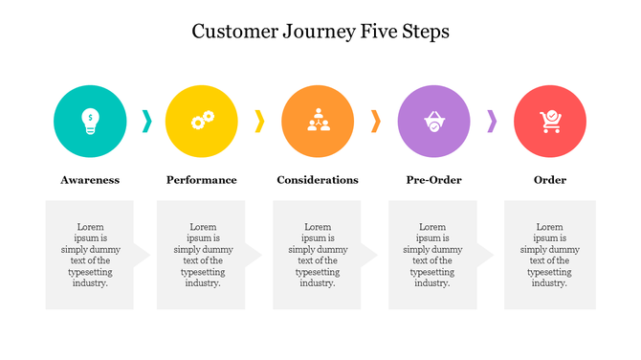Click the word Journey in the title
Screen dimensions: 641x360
pos(320,33)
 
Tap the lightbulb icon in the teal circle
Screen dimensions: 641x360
pos(90,121)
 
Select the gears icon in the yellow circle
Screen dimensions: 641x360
pos(203,120)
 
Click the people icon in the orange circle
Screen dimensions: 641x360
pos(319,120)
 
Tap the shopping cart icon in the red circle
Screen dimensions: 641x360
pos(550,122)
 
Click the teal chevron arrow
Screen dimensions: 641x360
pos(146,121)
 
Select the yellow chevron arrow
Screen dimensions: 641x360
pos(259,121)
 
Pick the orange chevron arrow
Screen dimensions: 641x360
pos(376,121)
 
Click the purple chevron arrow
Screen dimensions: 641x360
pos(492,121)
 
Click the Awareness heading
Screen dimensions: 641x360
pos(90,180)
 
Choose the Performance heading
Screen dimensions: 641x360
pos(202,180)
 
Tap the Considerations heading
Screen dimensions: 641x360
pos(318,180)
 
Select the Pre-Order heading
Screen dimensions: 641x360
pos(433,180)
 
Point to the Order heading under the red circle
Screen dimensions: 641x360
pos(550,180)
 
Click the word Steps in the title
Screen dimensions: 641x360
pos(426,33)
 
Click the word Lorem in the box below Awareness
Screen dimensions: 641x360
pos(90,227)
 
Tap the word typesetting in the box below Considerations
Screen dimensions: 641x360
pos(318,272)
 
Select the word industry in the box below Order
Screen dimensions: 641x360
pos(549,283)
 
